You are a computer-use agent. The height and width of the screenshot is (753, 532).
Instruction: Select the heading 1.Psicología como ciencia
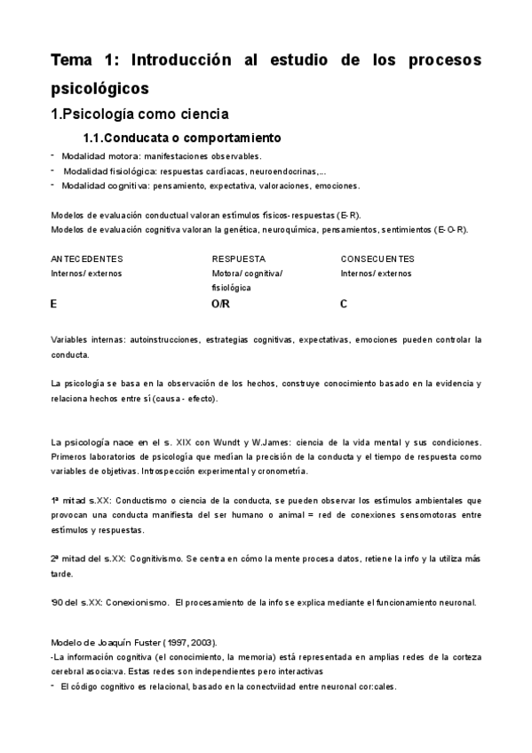pyautogui.click(x=139, y=114)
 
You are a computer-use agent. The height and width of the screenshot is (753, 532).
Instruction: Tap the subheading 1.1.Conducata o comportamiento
pyautogui.click(x=182, y=138)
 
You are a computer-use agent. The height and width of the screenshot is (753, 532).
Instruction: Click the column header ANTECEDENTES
pyautogui.click(x=87, y=258)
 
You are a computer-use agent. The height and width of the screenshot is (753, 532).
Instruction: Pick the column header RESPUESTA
pyautogui.click(x=239, y=258)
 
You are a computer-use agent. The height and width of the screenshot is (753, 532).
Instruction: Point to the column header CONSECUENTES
pyautogui.click(x=377, y=258)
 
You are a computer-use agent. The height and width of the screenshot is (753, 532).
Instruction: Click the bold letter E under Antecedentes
pyautogui.click(x=54, y=304)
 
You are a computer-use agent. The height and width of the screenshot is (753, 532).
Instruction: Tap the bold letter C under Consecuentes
pyautogui.click(x=344, y=304)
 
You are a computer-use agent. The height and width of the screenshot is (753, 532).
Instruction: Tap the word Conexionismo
pyautogui.click(x=137, y=602)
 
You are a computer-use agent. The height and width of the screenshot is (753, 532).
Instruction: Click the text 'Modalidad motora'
pyautogui.click(x=92, y=156)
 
